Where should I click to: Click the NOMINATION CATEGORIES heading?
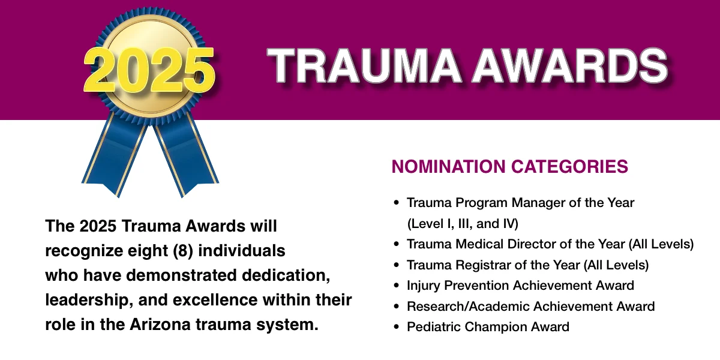click(x=509, y=166)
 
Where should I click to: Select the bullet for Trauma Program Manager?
click(x=395, y=203)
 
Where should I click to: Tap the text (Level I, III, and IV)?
click(x=462, y=224)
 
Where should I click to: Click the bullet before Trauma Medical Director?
click(x=395, y=244)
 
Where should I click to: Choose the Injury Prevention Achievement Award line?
click(x=520, y=286)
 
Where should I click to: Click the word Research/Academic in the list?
click(x=461, y=307)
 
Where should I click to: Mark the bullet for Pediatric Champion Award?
click(x=395, y=327)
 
